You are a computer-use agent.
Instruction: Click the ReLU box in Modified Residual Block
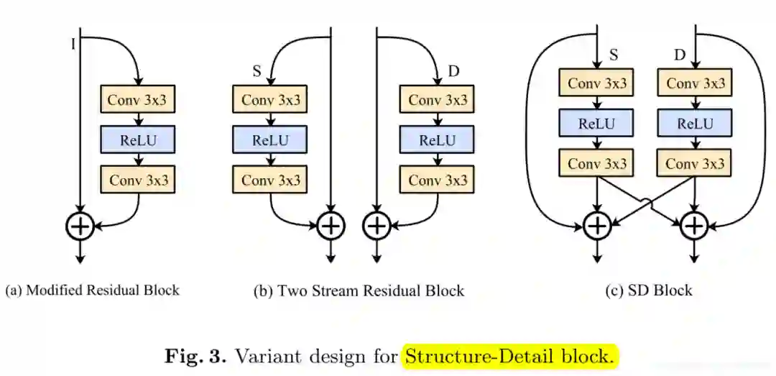(x=138, y=139)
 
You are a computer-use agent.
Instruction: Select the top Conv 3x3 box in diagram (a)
(x=138, y=99)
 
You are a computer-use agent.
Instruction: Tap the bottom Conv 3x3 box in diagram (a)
(x=138, y=179)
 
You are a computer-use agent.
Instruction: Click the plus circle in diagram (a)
(x=80, y=226)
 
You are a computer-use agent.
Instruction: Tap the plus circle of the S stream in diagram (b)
(x=330, y=226)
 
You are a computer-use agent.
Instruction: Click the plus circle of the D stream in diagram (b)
(x=376, y=226)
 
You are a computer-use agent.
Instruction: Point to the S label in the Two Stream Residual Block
(x=256, y=71)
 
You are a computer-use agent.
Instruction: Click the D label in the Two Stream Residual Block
(x=453, y=70)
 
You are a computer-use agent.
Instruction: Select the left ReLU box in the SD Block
(x=597, y=124)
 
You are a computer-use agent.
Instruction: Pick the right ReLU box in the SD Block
(x=694, y=124)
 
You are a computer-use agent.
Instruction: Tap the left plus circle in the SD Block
(x=597, y=226)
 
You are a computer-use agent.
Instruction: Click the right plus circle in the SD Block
(x=694, y=226)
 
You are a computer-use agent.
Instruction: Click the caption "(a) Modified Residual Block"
(x=92, y=290)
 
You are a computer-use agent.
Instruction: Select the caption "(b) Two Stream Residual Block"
(x=359, y=290)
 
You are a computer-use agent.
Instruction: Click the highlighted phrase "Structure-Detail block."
(x=510, y=355)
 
